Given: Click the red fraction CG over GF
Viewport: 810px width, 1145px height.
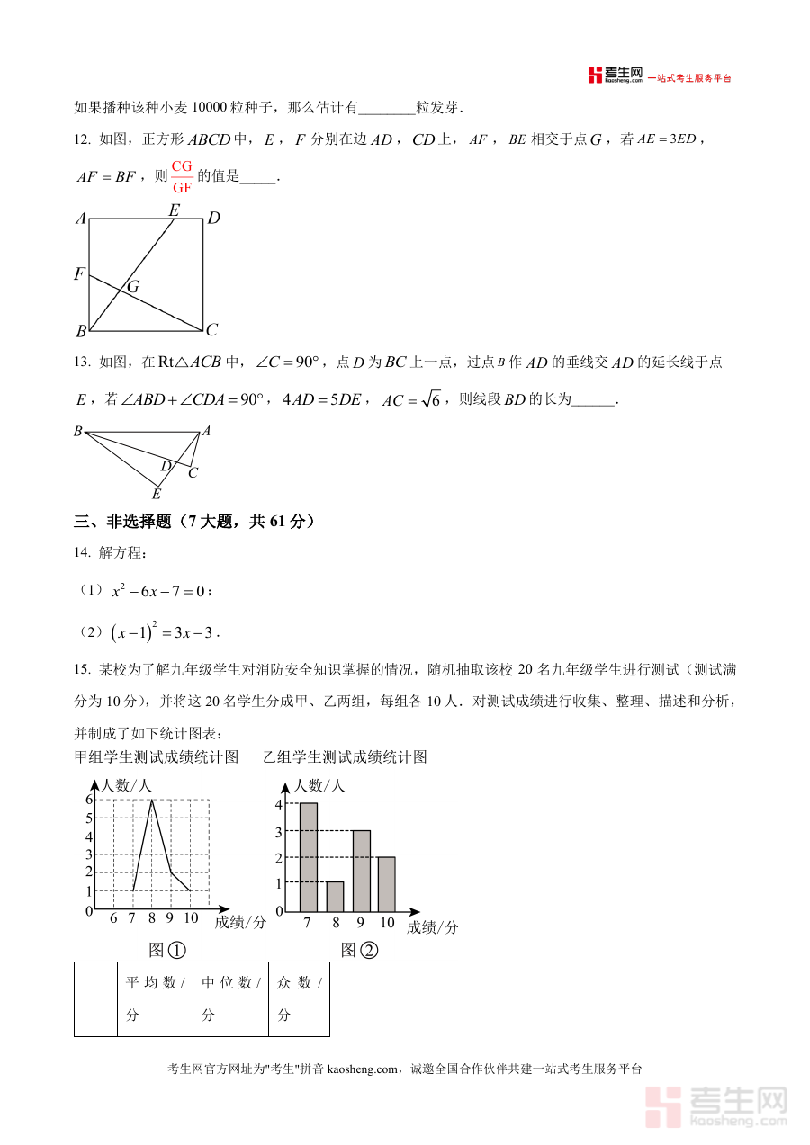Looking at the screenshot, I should point(182,177).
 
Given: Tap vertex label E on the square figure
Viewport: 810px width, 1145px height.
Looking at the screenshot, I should point(174,210).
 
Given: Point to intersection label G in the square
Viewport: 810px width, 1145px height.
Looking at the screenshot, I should point(133,287).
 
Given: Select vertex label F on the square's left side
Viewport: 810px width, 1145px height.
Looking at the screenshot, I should point(79,274).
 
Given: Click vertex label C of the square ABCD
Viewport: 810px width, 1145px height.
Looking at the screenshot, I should point(212,329).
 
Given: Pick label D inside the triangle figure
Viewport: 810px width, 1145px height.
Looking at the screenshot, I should point(166,466).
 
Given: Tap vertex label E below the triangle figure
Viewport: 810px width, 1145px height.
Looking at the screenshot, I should point(157,494).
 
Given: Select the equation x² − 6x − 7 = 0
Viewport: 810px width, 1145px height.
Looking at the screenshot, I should point(159,591).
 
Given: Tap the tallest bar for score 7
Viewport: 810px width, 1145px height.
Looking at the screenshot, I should point(308,856).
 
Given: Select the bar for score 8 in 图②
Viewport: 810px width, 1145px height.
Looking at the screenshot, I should point(335,896).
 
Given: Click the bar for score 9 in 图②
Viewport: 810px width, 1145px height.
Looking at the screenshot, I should point(361,870).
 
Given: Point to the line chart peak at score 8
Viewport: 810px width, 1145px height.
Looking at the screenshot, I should point(152,800).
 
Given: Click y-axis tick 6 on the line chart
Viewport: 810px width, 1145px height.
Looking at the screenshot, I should point(89,800).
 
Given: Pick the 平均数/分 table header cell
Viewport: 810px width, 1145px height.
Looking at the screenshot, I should point(155,998).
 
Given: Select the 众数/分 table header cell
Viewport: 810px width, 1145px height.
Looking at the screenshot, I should point(299,998).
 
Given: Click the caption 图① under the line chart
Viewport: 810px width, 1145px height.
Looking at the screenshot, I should point(167,950).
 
